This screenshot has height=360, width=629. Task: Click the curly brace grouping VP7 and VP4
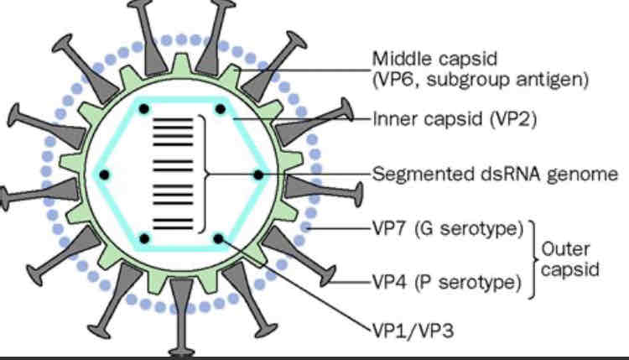tap(533, 256)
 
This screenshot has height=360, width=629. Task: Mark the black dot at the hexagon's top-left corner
tap(144, 109)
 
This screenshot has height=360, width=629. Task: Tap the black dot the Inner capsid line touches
tap(221, 109)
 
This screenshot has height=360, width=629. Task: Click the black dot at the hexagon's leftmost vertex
tap(106, 175)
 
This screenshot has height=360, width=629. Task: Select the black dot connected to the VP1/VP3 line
tap(219, 239)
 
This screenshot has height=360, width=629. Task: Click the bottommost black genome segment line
tap(172, 227)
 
